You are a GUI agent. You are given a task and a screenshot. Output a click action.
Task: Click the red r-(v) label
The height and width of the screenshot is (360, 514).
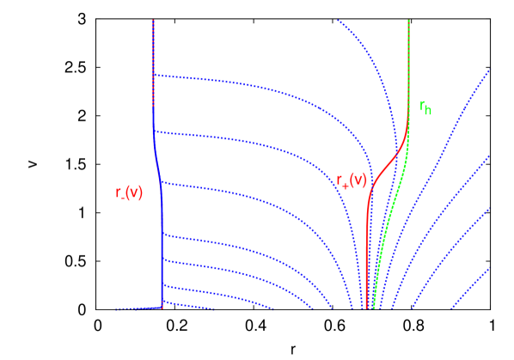point(129,192)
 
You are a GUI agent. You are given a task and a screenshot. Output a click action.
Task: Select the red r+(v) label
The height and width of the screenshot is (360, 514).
point(352,180)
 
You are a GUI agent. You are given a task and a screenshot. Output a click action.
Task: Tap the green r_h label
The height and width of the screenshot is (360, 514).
point(425,107)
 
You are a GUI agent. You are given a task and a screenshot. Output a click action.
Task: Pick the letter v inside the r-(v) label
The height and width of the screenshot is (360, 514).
point(132,192)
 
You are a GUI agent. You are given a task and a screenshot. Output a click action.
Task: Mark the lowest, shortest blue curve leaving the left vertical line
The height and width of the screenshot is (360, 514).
point(185,305)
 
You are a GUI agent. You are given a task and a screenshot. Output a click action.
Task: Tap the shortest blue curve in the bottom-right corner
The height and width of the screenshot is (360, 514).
point(477,284)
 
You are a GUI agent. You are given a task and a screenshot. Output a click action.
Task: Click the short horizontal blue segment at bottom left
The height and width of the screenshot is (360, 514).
point(138,308)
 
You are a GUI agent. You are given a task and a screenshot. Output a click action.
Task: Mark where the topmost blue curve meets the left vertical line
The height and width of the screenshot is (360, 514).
point(154,75)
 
